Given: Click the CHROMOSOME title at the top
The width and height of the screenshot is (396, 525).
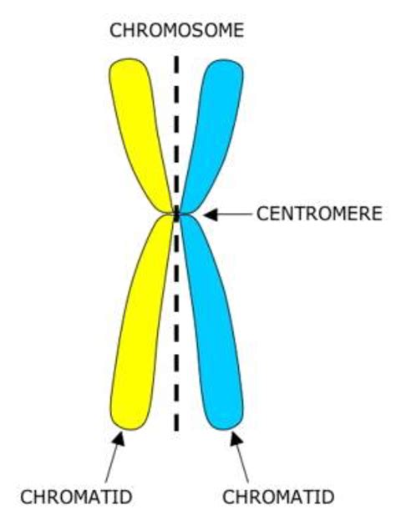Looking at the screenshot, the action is [x=176, y=31].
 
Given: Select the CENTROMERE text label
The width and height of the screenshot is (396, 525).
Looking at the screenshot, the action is [x=319, y=214].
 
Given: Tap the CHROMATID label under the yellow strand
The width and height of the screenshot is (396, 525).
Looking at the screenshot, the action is [x=76, y=497].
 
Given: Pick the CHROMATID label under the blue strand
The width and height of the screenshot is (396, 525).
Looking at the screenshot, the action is [x=278, y=497].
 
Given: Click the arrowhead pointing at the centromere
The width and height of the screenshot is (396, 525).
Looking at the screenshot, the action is [x=211, y=215].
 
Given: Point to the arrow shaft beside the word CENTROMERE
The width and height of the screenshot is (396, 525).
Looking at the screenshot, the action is [x=235, y=215].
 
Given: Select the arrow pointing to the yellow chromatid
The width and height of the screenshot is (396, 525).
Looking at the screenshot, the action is [x=114, y=457].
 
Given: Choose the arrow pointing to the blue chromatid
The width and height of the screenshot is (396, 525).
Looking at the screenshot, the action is [x=239, y=457].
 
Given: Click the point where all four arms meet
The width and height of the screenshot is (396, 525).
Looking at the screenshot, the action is [x=176, y=215].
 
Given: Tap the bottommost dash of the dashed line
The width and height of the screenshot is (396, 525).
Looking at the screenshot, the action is [x=176, y=422].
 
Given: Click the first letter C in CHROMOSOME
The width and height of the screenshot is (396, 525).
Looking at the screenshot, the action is [x=116, y=31].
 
